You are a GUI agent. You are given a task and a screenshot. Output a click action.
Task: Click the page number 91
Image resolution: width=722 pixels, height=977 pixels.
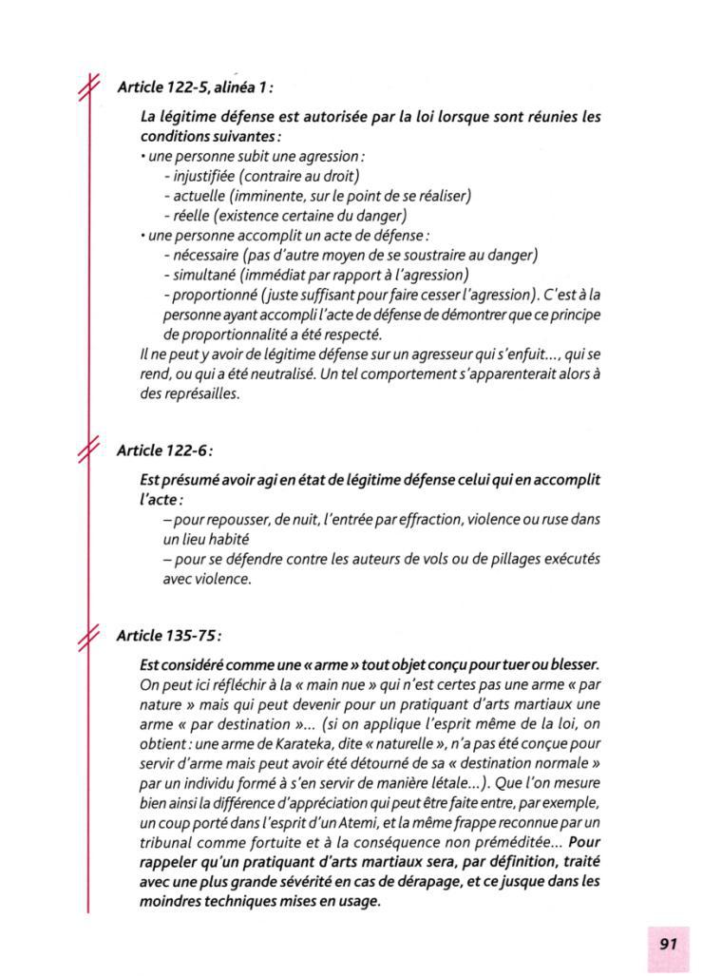[x=668, y=944]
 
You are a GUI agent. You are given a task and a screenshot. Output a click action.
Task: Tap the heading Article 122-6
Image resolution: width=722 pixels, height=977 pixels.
[x=163, y=449]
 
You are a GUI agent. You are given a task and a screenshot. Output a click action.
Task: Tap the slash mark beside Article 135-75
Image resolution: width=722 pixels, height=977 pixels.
[x=89, y=633]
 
